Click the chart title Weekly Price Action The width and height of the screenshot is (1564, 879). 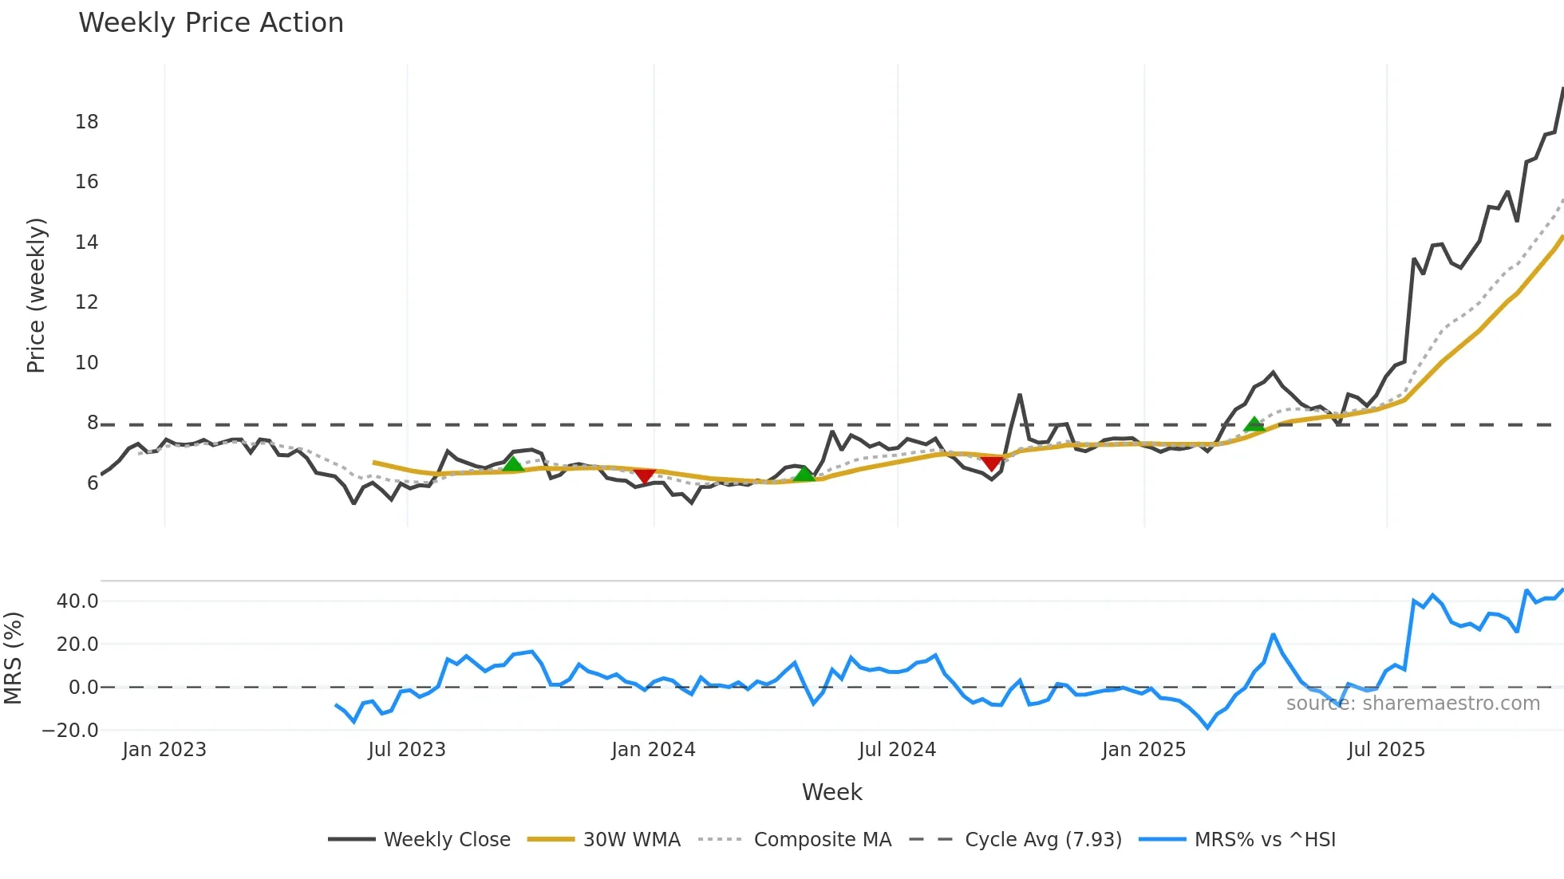211,23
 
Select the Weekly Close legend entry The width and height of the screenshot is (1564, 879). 446,839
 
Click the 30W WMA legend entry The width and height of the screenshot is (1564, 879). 631,839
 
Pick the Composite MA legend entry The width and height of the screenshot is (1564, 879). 822,839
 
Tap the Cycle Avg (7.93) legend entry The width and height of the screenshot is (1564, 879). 1043,839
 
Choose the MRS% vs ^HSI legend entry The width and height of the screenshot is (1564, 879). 1265,839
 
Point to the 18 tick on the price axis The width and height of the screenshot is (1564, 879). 87,122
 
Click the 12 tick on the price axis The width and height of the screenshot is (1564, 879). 87,302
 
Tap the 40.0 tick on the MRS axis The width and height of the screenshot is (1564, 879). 77,601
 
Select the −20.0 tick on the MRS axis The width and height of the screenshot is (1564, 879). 71,731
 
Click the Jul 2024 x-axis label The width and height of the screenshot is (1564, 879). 897,750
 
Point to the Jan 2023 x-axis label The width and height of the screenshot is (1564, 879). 164,750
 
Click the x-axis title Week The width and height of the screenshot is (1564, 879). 831,792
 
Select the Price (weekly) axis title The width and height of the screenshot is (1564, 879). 36,295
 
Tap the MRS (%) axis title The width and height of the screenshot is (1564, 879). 13,658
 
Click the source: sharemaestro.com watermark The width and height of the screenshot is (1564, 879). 1412,704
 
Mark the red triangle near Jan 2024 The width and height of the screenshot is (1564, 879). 644,476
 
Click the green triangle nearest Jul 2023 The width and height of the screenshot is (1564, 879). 512,464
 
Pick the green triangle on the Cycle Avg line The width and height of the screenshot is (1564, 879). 1254,424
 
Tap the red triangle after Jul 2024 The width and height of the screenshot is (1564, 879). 991,463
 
